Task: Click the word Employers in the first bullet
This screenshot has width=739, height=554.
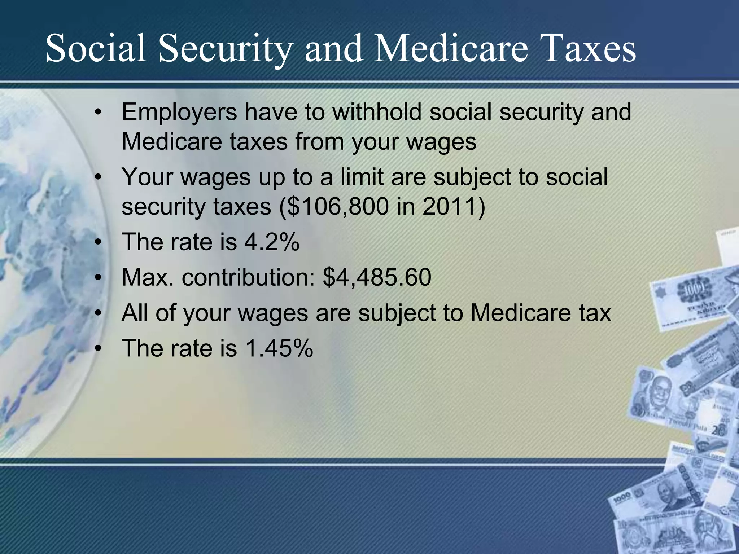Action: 179,113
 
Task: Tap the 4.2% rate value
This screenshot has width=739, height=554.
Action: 272,242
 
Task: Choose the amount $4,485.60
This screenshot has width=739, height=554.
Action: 377,278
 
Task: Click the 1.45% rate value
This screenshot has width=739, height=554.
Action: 279,348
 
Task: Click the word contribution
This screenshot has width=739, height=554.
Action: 248,278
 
